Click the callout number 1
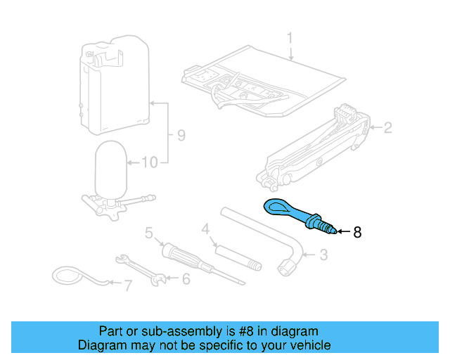click(289, 37)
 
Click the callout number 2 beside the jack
click(386, 127)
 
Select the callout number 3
click(323, 255)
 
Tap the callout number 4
click(205, 229)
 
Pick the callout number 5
click(149, 233)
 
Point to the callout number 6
click(186, 279)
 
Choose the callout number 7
click(127, 285)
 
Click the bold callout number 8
click(356, 231)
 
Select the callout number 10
click(149, 163)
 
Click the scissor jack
click(316, 148)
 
